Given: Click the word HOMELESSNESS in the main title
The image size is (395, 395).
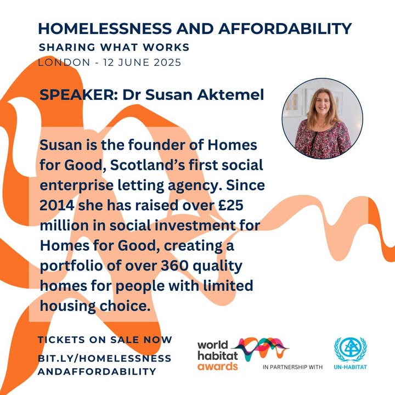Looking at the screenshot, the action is (x=105, y=29).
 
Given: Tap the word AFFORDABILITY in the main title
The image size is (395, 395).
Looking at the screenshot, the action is (x=285, y=29).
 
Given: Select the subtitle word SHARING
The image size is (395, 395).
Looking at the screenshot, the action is (x=67, y=47).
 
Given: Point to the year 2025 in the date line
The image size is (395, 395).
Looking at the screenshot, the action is (x=167, y=63).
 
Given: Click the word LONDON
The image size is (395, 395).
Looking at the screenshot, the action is (x=64, y=63).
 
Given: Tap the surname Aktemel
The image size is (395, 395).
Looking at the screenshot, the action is (x=230, y=95).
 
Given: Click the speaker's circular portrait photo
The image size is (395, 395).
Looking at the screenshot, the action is (x=323, y=119).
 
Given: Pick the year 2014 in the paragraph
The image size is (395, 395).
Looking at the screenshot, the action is (x=57, y=205).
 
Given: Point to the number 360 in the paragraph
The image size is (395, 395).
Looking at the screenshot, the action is (x=175, y=266).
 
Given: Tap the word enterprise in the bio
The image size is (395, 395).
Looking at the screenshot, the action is (x=77, y=185).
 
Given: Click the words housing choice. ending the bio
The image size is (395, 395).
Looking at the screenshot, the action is (x=95, y=306).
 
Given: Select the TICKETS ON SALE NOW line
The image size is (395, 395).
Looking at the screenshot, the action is (x=105, y=340).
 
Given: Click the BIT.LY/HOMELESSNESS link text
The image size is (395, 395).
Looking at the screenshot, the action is (x=105, y=358).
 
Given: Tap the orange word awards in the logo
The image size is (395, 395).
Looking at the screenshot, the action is (x=218, y=366).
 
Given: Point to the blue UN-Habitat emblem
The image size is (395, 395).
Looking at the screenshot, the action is (x=351, y=349).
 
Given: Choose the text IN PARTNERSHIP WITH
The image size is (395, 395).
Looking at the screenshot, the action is (x=293, y=367).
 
